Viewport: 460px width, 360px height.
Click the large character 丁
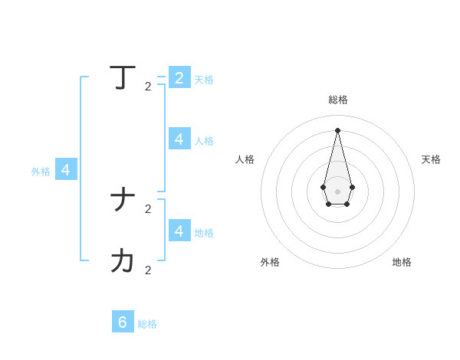coord(123,77)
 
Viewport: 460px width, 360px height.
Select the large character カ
coord(123,261)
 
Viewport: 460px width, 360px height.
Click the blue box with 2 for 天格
coord(179,77)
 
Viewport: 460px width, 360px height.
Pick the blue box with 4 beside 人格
coord(179,139)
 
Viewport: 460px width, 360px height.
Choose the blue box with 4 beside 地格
coord(179,231)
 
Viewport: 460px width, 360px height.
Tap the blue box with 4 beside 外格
coord(66,170)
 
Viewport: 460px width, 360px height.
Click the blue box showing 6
coord(123,322)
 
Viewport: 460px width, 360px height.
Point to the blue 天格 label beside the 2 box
coord(204,80)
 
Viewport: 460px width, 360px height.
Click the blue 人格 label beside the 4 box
coord(204,141)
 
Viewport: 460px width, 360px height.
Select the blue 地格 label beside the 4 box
coord(204,233)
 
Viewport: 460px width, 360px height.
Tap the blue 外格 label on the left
coord(41,172)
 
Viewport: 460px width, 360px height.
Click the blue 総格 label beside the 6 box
coord(147,324)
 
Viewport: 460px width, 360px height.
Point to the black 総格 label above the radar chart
coord(338,100)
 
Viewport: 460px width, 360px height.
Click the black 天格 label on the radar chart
coord(431,159)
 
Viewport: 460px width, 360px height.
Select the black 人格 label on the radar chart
coord(245,159)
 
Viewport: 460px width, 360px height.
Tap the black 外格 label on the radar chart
coord(270,262)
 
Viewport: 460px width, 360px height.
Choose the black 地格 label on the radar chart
coord(402,262)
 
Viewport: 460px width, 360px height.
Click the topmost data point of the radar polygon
coord(337,129)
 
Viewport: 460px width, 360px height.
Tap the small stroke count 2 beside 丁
coord(148,87)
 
